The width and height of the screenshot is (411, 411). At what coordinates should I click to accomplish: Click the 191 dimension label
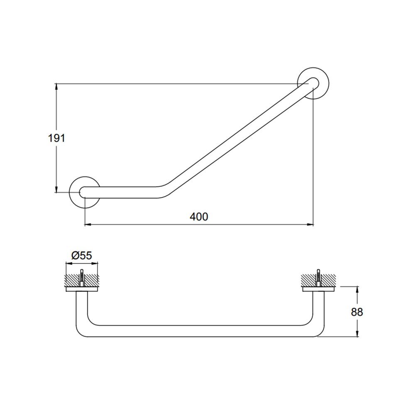[x=56, y=138]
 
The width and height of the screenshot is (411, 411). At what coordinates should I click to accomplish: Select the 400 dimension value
[x=199, y=217]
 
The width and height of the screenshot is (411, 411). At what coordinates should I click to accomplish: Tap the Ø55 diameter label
[x=81, y=255]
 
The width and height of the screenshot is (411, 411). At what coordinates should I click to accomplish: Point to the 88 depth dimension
[x=357, y=312]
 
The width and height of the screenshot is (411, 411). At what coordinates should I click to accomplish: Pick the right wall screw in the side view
[x=318, y=278]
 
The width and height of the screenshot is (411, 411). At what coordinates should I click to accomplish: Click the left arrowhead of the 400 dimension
[x=88, y=224]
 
